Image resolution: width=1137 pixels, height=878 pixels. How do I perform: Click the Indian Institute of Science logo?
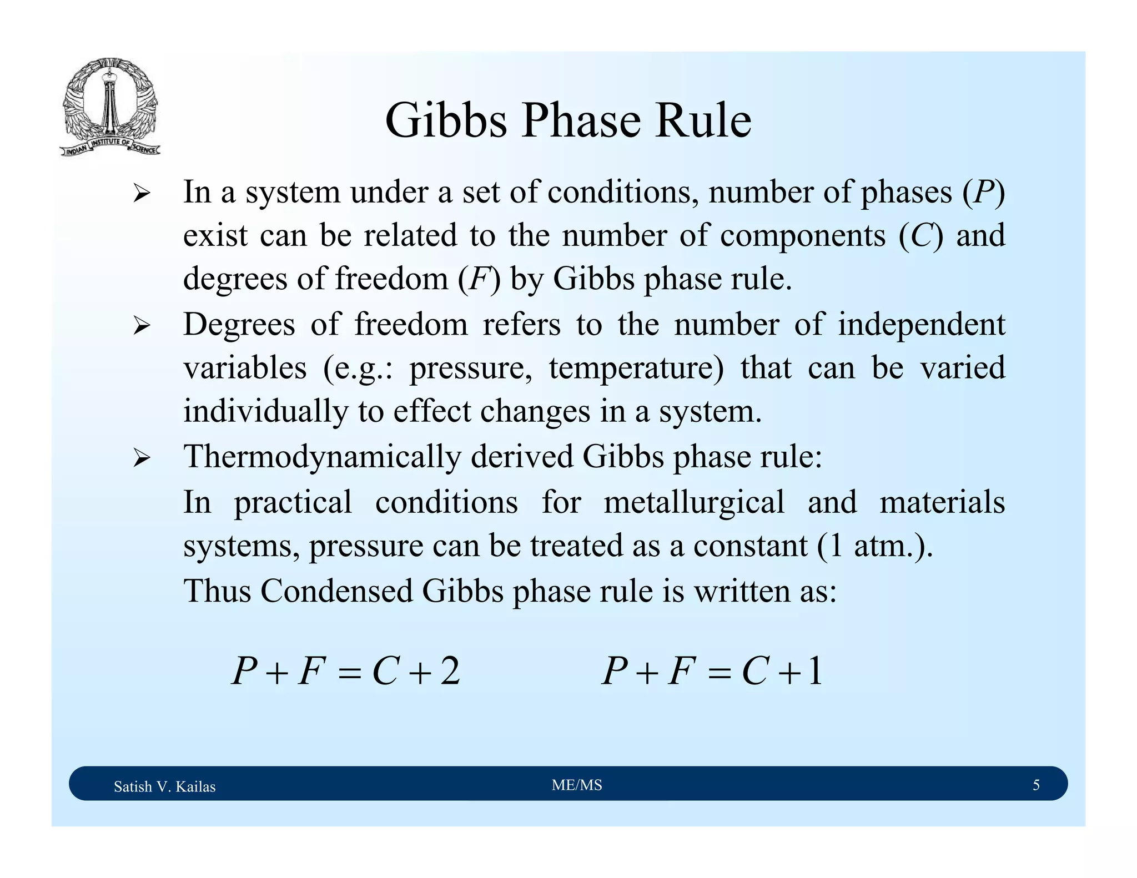[110, 107]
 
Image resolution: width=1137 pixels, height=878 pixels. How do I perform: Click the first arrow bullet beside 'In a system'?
[142, 194]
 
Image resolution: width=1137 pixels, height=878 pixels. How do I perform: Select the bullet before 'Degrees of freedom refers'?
[142, 326]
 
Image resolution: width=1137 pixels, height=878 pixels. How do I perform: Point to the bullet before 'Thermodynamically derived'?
[142, 458]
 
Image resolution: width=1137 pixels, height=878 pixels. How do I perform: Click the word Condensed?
[336, 591]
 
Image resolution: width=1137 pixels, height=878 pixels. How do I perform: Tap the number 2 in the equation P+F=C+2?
[450, 672]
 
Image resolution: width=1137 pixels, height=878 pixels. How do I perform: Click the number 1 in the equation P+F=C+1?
[814, 672]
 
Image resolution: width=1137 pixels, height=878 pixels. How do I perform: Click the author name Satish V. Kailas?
[164, 786]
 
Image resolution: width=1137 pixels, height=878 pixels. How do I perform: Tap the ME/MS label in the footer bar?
[577, 785]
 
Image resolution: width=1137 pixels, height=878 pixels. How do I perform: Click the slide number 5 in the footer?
[1036, 785]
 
